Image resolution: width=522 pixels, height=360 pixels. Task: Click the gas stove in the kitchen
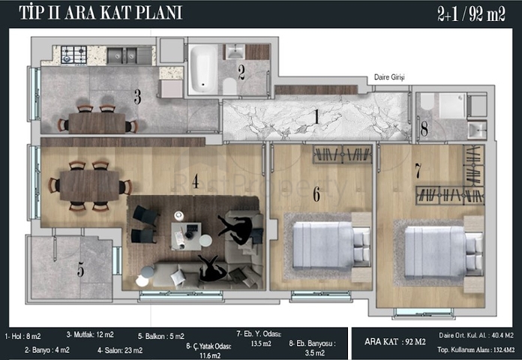[x=74, y=55]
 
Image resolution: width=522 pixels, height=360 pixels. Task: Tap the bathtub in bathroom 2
[x=203, y=69]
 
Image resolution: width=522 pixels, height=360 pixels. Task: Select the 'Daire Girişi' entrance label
[x=389, y=77]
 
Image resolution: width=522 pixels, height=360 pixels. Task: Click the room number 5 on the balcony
[x=80, y=269]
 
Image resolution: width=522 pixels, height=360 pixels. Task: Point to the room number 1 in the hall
[x=316, y=116]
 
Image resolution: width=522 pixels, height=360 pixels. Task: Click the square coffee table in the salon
[x=186, y=236]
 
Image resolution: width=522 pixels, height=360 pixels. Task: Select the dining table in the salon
[x=89, y=186]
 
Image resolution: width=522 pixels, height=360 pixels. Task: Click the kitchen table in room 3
[x=97, y=122]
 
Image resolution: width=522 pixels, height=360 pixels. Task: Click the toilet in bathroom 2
[x=229, y=86]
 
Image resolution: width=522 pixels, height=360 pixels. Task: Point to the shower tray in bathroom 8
[x=452, y=106]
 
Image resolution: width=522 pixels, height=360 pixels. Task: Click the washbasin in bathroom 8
[x=477, y=130]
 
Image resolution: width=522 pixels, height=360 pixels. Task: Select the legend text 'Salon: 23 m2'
[x=120, y=350]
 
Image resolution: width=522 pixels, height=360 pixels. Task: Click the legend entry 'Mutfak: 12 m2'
[x=90, y=334]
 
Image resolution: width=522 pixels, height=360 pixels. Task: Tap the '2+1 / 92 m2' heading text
[x=471, y=14]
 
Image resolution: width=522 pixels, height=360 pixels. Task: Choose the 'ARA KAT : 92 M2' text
[x=395, y=342]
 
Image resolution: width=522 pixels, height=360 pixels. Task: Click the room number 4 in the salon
[x=196, y=181]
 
